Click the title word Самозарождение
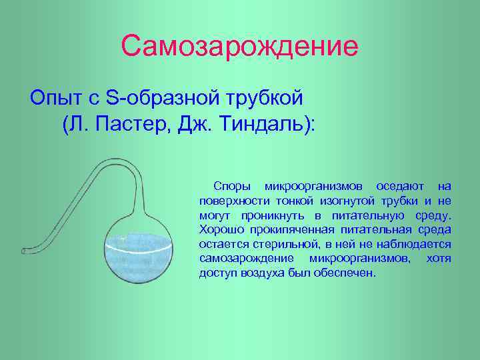click(240, 46)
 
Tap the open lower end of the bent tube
click(25, 251)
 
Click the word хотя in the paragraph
click(439, 259)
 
